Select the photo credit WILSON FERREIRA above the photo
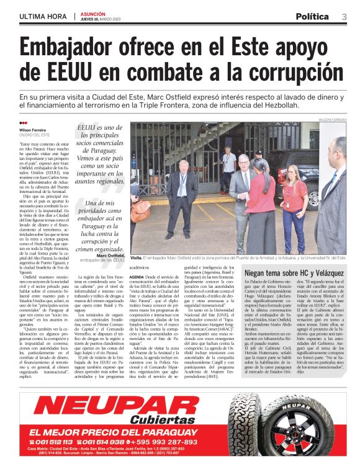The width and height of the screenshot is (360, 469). pyautogui.click(x=332, y=119)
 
